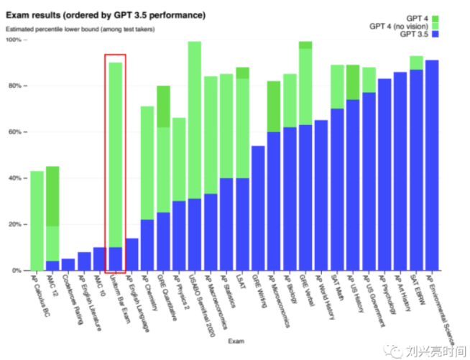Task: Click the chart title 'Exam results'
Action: (x=105, y=14)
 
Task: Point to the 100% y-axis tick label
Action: (x=14, y=40)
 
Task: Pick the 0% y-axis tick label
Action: (x=17, y=270)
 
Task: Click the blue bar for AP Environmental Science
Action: (x=432, y=165)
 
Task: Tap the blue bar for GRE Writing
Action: (x=258, y=208)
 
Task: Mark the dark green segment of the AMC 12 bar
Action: (x=52, y=196)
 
